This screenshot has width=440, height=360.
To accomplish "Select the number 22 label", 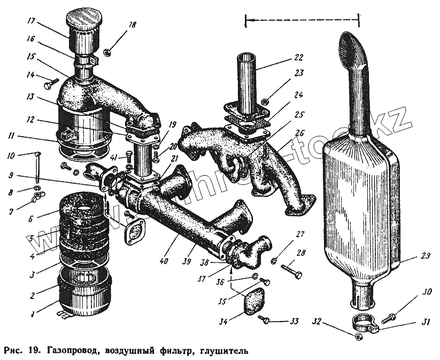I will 298,58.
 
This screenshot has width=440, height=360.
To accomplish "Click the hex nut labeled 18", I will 107,52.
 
